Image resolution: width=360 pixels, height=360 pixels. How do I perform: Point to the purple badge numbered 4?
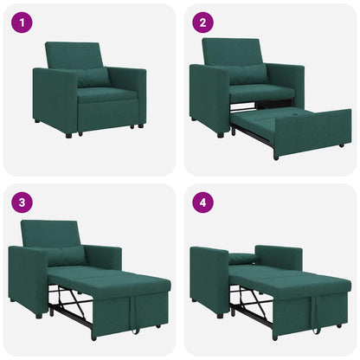tap(203, 203)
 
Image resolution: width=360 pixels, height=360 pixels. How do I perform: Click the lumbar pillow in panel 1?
tap(92, 77)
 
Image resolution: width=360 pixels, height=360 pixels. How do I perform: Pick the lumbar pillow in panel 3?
tap(65, 254)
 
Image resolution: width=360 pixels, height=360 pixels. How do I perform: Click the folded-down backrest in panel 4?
tap(245, 257)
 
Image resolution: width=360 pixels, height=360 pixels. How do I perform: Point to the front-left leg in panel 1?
tap(68, 134)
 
